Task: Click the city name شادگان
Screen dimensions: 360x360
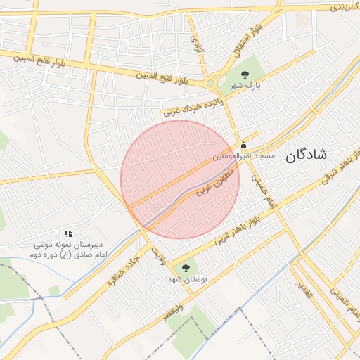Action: (x=306, y=156)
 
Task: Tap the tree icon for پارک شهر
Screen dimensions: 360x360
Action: (x=245, y=75)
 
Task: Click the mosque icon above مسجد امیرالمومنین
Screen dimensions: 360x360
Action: (x=244, y=146)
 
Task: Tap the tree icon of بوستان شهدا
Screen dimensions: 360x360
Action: (x=186, y=267)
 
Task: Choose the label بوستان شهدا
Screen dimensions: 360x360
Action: (x=185, y=280)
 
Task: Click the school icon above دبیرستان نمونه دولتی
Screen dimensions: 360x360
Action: (x=68, y=233)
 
